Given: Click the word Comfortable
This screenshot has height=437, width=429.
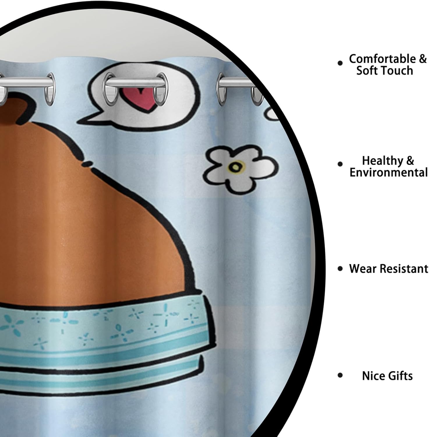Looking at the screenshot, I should click(383, 59).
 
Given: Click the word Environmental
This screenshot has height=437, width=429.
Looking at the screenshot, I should click(389, 172).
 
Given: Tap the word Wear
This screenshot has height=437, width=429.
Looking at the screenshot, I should click(363, 268).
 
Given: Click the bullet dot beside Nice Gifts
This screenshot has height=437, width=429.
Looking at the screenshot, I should click(340, 376).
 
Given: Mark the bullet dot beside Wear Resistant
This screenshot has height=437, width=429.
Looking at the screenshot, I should click(340, 269).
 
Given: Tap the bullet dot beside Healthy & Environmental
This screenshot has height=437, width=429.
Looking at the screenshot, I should click(340, 164).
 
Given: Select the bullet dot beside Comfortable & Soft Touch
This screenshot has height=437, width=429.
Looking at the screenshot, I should click(340, 63).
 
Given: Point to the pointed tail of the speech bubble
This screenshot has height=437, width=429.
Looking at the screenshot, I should click(87, 118).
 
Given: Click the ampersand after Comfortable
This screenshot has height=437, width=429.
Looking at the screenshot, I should click(423, 59).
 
